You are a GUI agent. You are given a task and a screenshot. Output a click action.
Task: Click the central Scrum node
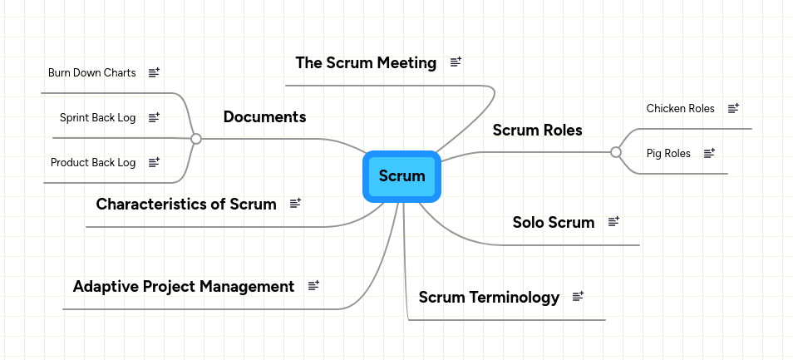coord(401,176)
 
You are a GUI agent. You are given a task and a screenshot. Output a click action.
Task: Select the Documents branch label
coord(264,117)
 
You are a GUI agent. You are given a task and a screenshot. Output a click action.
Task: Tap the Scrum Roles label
coord(537,131)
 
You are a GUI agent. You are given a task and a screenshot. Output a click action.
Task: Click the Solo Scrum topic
coord(553,222)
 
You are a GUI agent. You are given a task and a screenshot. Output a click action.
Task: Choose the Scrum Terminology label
coord(489,297)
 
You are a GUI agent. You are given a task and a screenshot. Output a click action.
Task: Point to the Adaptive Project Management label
coord(184,287)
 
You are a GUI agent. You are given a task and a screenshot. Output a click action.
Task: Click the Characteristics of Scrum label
coord(186,204)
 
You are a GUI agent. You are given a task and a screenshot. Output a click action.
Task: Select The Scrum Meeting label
coord(366,63)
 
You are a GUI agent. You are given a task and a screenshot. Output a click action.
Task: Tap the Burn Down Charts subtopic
coord(91,73)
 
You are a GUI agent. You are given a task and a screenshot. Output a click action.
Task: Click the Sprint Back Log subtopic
coord(97,118)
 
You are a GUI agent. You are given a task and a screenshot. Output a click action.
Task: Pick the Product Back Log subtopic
coord(93,163)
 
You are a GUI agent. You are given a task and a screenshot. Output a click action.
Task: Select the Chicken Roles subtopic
coord(680,109)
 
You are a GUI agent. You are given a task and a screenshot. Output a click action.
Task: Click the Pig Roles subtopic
coord(668,154)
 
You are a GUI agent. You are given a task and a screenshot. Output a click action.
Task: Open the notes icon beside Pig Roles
coord(709,154)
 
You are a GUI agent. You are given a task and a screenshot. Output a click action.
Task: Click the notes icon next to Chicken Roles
coord(733,109)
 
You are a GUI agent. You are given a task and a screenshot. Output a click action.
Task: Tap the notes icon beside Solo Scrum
coord(614,222)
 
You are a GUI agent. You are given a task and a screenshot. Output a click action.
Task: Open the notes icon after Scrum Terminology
coord(579,297)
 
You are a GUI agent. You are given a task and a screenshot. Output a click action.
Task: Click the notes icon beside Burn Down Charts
coord(154,73)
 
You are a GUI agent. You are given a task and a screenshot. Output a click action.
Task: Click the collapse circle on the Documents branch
coord(196,139)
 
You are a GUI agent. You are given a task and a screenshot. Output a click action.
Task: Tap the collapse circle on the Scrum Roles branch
coord(616,152)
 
